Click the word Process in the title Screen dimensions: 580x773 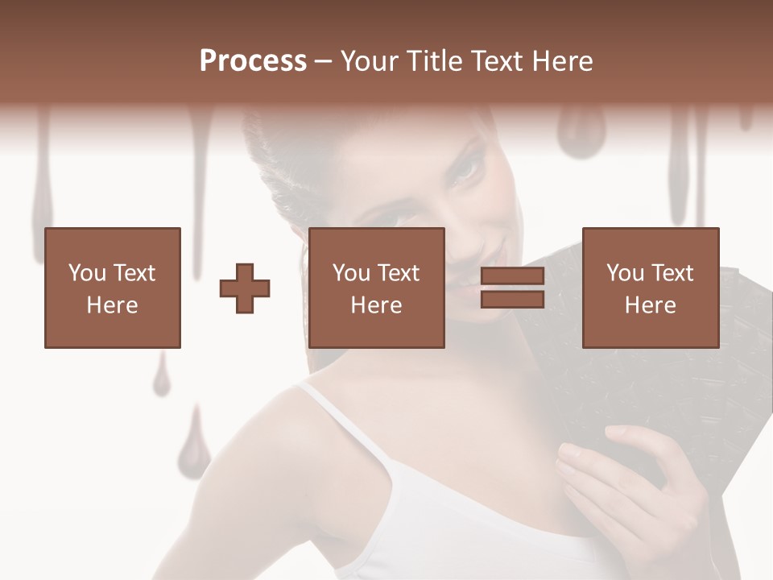tap(253, 61)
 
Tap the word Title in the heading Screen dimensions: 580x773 tap(433, 61)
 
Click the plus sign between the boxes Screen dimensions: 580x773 tap(245, 288)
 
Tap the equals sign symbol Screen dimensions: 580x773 tap(512, 288)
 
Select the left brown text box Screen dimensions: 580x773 tap(112, 288)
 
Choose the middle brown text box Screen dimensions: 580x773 tap(376, 288)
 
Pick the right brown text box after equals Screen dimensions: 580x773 tap(650, 288)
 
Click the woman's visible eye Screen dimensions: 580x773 tap(465, 171)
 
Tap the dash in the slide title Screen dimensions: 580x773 tap(324, 61)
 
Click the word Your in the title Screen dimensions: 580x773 tap(371, 61)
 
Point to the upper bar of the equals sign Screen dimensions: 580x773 tap(512, 276)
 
